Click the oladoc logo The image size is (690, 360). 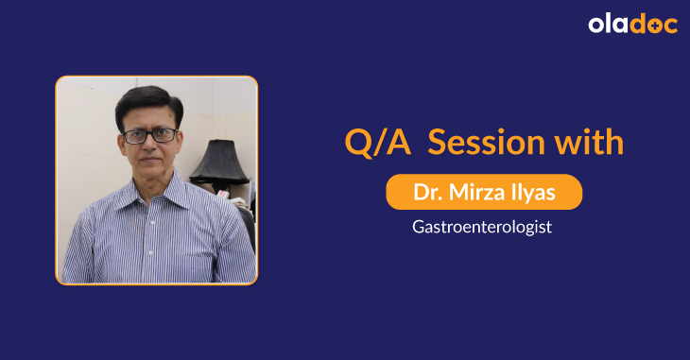632,25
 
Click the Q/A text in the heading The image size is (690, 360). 376,143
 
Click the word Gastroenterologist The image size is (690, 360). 483,227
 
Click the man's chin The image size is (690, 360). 150,177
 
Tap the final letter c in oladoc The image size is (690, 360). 670,26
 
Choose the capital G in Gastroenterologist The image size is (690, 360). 419,227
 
